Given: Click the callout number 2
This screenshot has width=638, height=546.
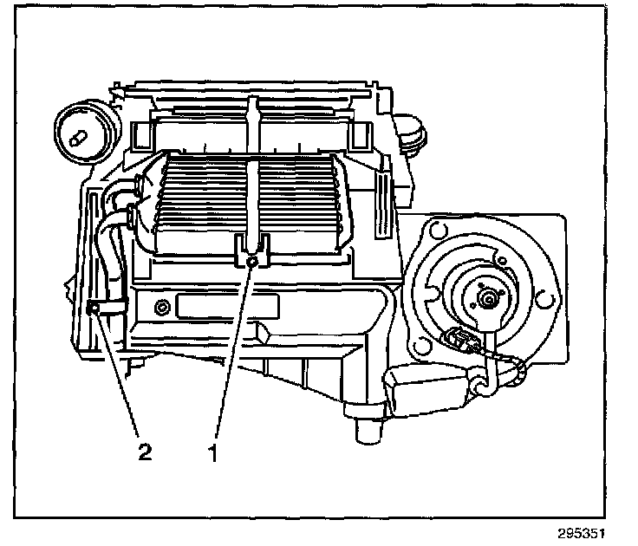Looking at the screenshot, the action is tap(145, 452).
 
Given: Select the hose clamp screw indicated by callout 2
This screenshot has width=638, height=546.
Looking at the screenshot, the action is tap(92, 307).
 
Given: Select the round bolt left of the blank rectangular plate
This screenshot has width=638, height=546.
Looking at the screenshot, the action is tap(162, 308).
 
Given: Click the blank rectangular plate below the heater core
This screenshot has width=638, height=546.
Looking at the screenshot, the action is tap(227, 306).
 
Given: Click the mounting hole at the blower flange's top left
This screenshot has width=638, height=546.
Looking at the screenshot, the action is tap(431, 233).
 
